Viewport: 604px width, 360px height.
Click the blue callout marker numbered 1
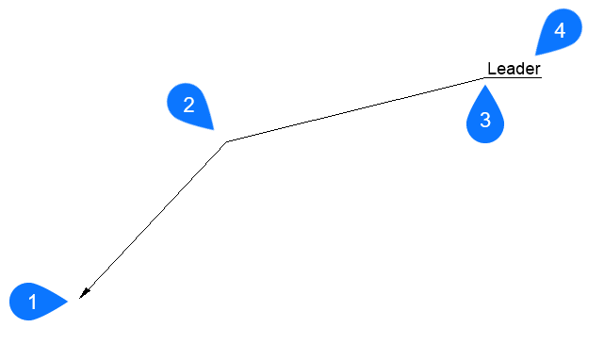[34, 302]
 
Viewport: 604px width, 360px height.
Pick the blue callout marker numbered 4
[559, 31]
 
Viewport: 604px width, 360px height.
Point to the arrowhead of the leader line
[83, 294]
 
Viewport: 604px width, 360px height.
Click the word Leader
[514, 69]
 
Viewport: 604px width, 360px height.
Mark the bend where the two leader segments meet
[226, 142]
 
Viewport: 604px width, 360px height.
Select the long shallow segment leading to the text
[355, 110]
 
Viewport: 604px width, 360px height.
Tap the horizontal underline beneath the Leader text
[514, 78]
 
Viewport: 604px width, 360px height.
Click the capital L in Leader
[491, 69]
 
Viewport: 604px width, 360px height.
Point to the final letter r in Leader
[538, 70]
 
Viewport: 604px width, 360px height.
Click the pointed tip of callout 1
[69, 302]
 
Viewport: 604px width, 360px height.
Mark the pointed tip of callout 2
[216, 129]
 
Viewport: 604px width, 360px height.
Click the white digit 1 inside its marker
[32, 303]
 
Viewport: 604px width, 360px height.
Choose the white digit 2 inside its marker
[188, 105]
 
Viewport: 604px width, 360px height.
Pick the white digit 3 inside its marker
[485, 121]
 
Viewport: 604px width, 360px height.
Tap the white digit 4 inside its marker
[560, 30]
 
